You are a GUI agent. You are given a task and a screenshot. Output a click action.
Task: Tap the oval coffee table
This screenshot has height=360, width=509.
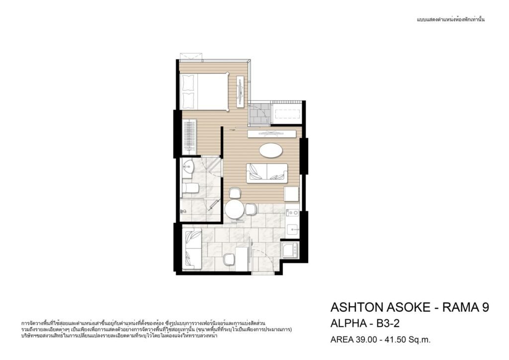click(270, 150)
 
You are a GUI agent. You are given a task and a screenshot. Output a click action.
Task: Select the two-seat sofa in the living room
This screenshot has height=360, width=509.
click(267, 173)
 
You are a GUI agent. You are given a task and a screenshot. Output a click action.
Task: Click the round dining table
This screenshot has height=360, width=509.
click(235, 210)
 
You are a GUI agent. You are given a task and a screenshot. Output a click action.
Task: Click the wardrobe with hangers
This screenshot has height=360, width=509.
click(189, 137)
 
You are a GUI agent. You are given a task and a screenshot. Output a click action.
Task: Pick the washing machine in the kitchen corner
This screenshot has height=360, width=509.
click(290, 250)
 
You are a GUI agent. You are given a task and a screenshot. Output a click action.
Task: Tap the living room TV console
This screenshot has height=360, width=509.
click(272, 134)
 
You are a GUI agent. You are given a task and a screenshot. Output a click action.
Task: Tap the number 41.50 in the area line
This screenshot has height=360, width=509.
click(395, 340)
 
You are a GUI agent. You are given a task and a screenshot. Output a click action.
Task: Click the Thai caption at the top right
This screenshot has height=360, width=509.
click(450, 19)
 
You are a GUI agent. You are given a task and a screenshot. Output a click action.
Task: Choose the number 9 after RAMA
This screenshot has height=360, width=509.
click(485, 307)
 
